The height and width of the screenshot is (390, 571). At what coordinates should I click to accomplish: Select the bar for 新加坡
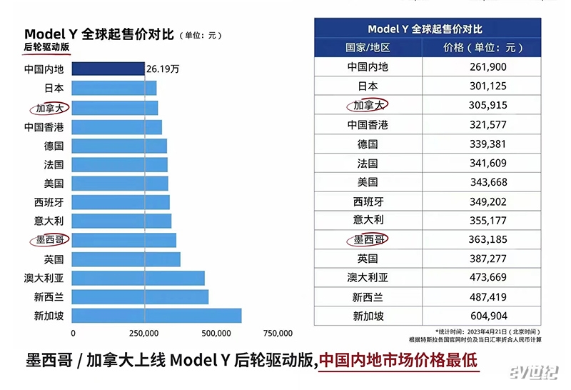coord(157,316)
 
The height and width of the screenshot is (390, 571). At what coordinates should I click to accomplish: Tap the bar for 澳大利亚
coord(138,278)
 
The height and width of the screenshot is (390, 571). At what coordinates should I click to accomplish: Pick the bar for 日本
coord(114,89)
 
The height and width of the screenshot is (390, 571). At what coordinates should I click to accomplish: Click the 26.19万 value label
coord(163,69)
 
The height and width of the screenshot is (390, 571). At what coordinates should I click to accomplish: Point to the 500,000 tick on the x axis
coord(216,333)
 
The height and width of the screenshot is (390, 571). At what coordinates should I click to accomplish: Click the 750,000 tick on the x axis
coord(278,333)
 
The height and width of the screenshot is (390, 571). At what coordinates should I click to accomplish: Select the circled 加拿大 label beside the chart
coord(47,108)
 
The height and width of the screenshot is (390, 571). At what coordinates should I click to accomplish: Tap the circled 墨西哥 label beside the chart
coord(47,240)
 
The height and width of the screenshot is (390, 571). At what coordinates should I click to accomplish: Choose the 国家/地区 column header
coord(368,47)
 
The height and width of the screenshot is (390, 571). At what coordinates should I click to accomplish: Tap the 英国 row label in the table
coord(368,259)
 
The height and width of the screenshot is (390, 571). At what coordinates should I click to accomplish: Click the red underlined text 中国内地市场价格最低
coord(398,360)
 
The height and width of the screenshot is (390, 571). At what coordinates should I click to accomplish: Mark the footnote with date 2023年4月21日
coord(483,332)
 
